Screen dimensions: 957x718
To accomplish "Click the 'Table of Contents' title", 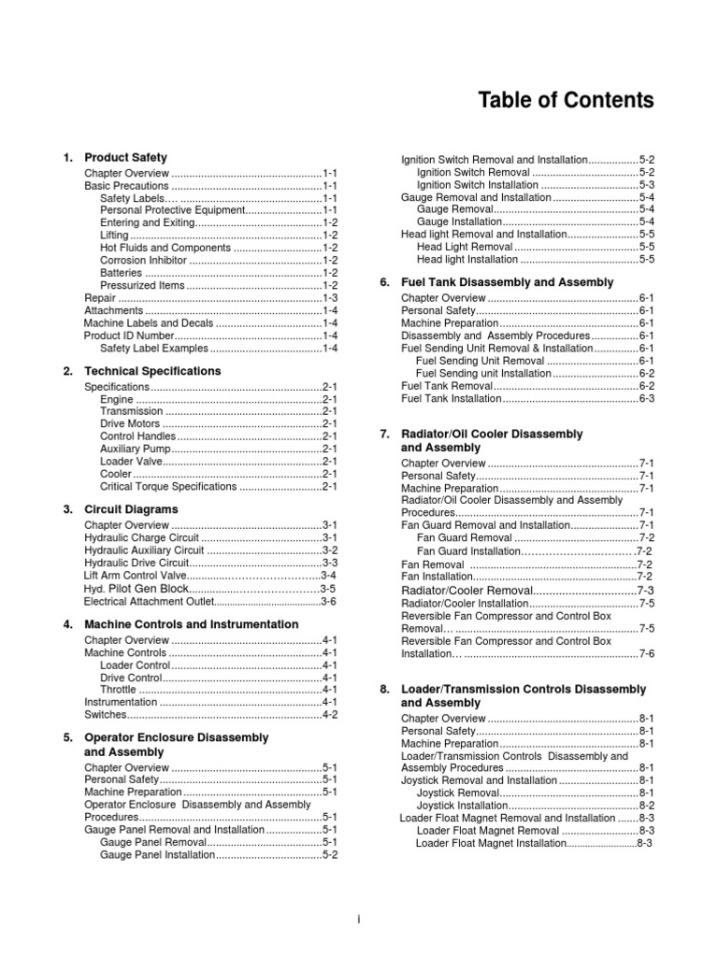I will [567, 101].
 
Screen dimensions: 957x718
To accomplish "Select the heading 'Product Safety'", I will [126, 158].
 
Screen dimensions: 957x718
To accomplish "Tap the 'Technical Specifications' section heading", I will [152, 371].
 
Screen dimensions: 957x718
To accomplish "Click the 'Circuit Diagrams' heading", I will [131, 509].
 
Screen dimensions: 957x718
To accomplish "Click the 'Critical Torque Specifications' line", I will [168, 487].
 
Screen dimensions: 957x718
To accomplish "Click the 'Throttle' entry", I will [118, 689].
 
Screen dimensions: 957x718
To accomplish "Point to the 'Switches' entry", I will [105, 715].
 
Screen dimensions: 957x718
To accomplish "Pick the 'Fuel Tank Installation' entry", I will [452, 398].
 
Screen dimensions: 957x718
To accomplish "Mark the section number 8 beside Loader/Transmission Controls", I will [384, 689].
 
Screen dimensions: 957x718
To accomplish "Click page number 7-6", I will [646, 654].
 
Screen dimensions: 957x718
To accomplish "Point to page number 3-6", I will [328, 603].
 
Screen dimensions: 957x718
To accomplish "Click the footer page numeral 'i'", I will [359, 921].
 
